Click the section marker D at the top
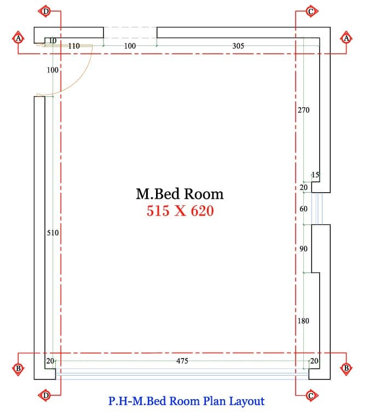(x=45, y=11)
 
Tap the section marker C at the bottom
(x=310, y=396)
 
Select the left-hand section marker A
(x=18, y=38)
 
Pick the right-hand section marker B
(x=346, y=368)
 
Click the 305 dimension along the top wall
(x=238, y=46)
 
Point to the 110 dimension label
(x=74, y=46)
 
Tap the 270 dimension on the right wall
(x=303, y=110)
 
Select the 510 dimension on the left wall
(x=53, y=233)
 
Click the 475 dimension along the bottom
(x=182, y=361)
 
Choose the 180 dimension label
(x=303, y=321)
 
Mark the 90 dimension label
(x=303, y=249)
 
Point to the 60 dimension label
(x=303, y=209)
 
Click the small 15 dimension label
(x=315, y=175)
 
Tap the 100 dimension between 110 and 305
(x=130, y=46)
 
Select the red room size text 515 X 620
(x=180, y=211)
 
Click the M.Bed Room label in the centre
(x=180, y=194)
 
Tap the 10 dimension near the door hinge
(x=53, y=41)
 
